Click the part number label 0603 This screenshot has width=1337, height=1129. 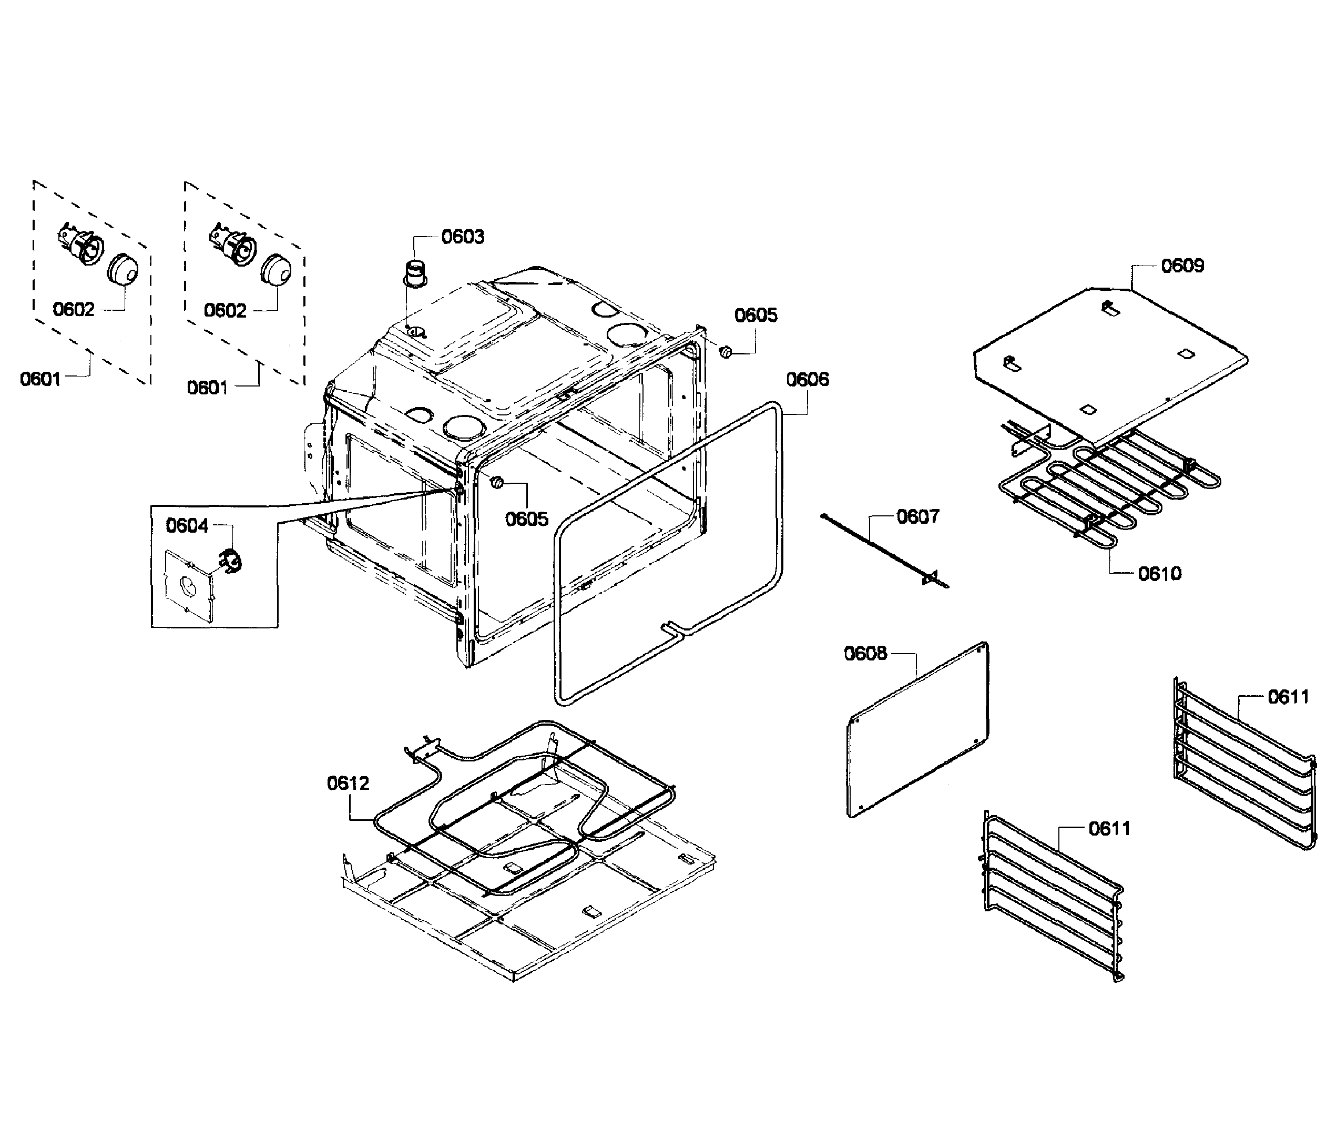pos(463,237)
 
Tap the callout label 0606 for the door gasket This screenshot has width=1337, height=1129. pos(807,380)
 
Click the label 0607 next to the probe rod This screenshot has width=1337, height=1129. pos(918,516)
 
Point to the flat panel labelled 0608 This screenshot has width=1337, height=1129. pos(918,730)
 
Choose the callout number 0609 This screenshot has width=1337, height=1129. pos(1182,266)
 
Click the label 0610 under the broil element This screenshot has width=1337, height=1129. pos(1159,574)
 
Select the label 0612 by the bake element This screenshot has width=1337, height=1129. pos(348,784)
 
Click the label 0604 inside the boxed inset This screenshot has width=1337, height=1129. pos(187,525)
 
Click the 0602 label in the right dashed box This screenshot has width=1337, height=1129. pos(224,310)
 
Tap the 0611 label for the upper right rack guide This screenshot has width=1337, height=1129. pos(1288,697)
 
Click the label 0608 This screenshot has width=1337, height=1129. pos(865,654)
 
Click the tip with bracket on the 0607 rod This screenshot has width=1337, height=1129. pos(931,577)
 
